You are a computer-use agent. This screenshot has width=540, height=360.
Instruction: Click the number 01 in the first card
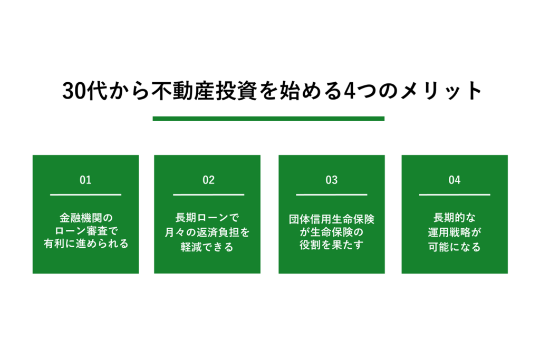click(x=85, y=180)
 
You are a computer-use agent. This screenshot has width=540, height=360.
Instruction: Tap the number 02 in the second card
click(x=208, y=180)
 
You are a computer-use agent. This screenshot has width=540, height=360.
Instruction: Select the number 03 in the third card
click(x=331, y=180)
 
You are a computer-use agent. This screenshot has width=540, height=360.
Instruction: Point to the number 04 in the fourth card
click(x=455, y=180)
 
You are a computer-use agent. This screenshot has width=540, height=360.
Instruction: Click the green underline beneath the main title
click(x=268, y=119)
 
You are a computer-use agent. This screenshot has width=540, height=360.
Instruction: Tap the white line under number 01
click(x=85, y=195)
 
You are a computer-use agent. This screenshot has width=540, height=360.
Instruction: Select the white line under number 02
click(x=208, y=195)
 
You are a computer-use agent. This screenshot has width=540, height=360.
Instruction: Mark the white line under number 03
click(x=331, y=195)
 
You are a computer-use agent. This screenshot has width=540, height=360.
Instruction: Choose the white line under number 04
click(x=455, y=195)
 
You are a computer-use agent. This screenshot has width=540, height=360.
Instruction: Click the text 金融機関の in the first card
click(x=85, y=218)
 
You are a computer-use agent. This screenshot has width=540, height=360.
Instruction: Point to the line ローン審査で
click(x=85, y=231)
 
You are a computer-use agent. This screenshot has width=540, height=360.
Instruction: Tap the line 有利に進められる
click(x=85, y=245)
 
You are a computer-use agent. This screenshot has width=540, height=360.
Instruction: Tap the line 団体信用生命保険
click(x=331, y=218)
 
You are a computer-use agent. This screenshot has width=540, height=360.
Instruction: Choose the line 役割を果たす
click(x=331, y=245)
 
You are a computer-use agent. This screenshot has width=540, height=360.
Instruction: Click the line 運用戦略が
click(x=455, y=231)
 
